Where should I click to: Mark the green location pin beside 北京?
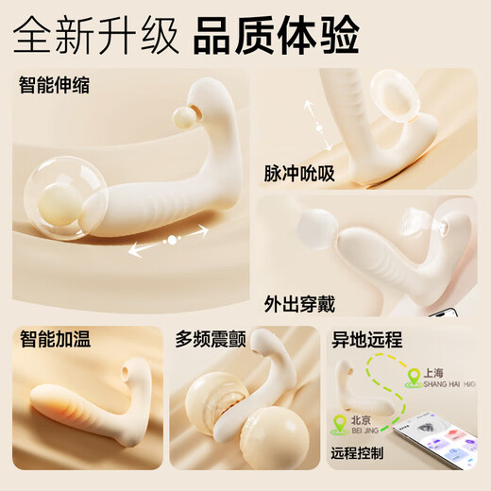(x=339, y=422)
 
